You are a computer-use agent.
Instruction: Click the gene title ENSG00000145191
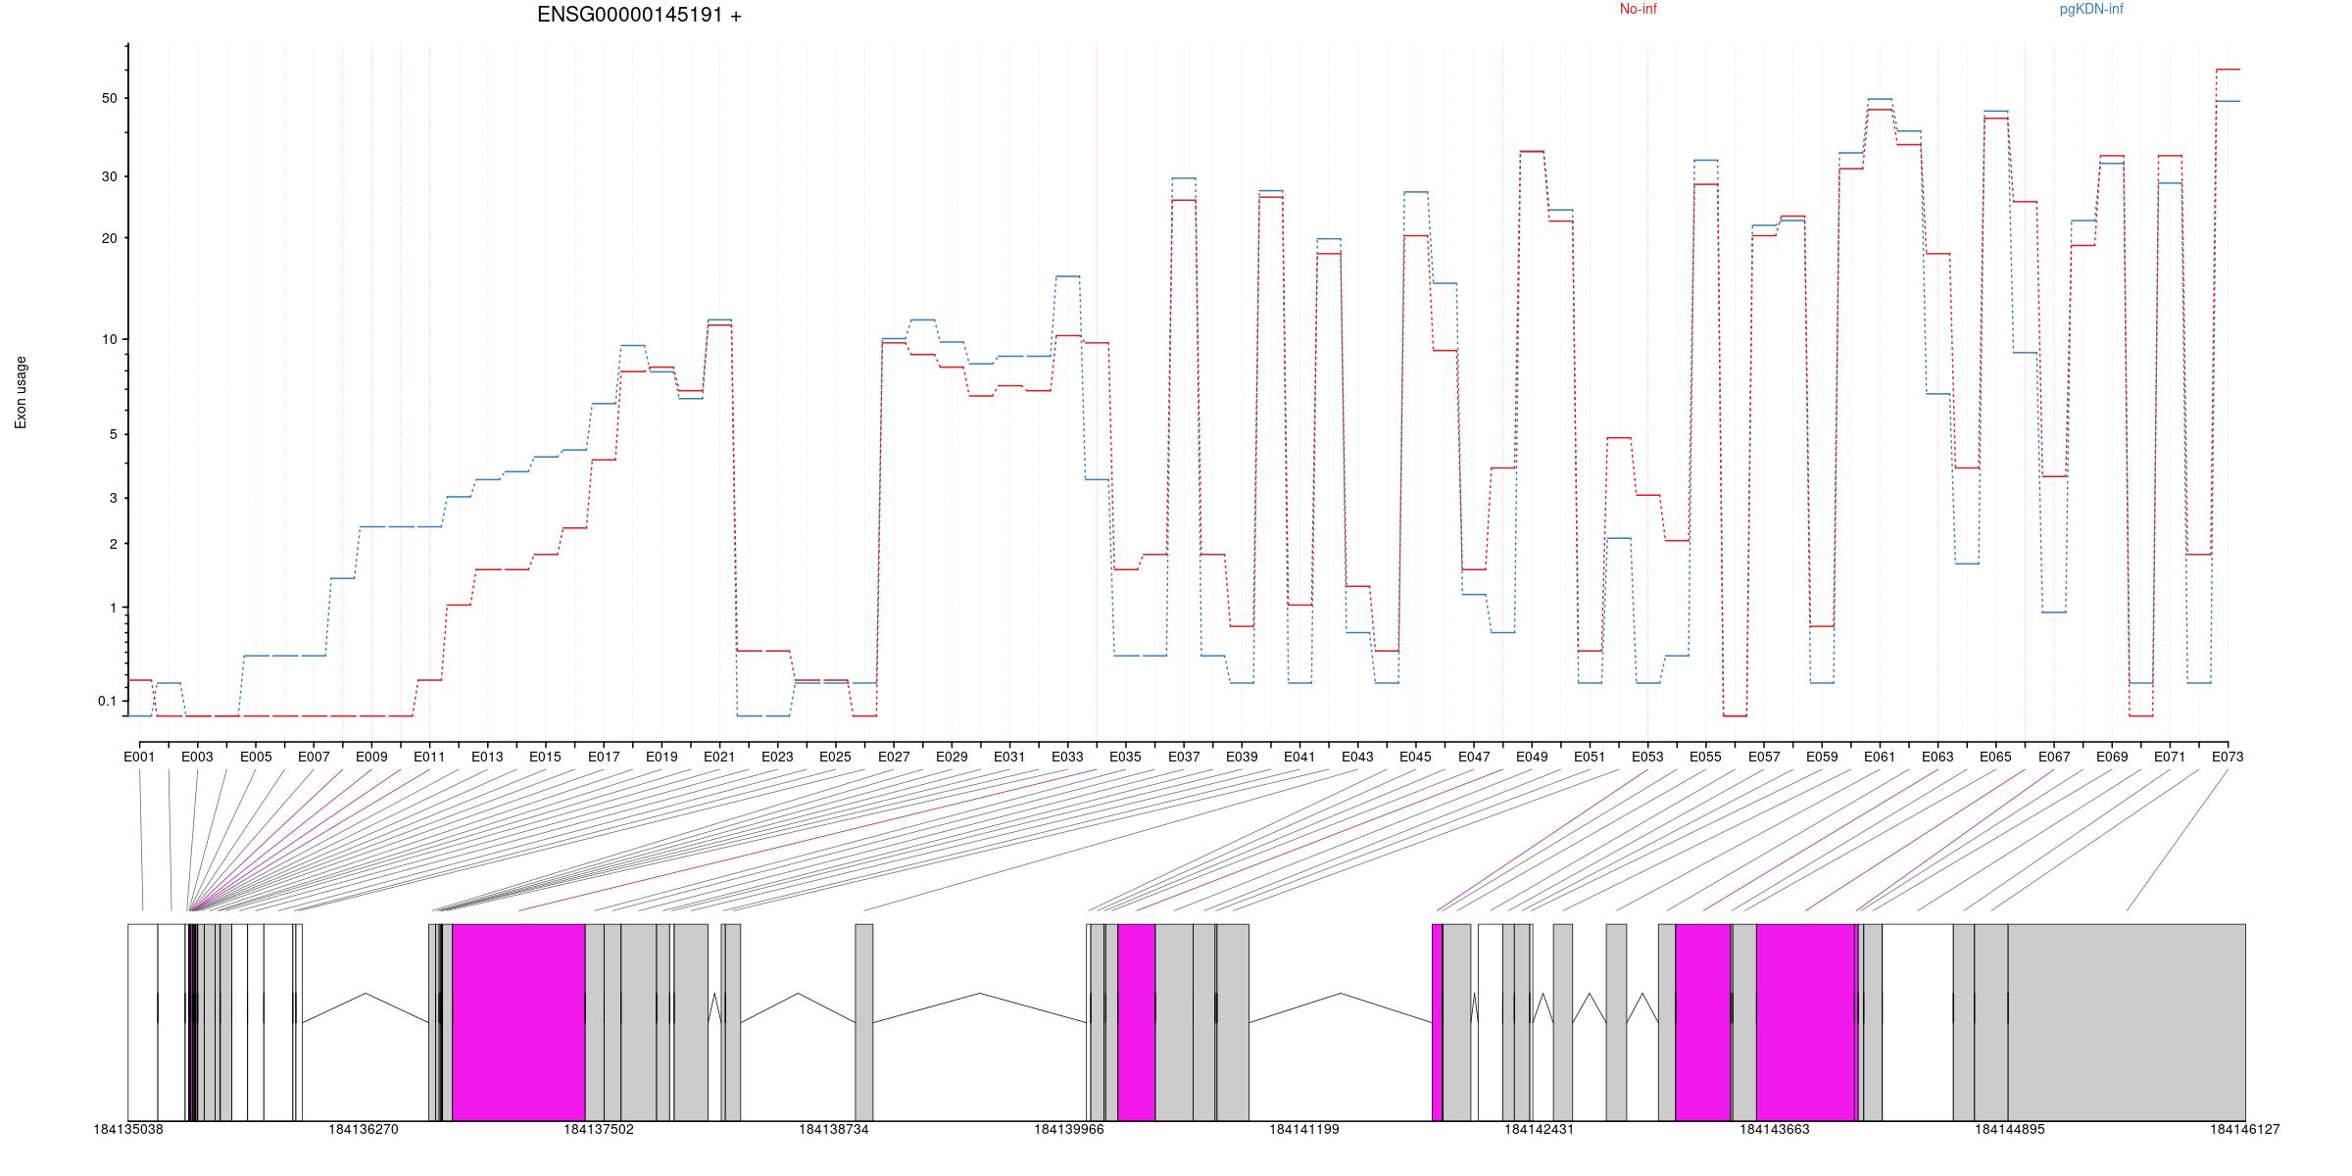[639, 16]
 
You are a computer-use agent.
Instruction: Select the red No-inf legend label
[1638, 10]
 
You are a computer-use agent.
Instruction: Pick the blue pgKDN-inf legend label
[2091, 10]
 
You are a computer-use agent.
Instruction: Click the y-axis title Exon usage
[22, 392]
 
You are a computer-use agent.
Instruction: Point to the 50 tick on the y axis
[108, 98]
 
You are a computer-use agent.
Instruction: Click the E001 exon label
[139, 757]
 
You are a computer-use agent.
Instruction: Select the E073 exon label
[2228, 757]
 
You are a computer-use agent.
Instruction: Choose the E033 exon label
[1067, 757]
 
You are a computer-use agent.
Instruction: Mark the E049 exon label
[1532, 757]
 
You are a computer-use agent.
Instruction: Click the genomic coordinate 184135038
[128, 1129]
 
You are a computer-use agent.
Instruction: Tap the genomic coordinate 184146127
[2244, 1129]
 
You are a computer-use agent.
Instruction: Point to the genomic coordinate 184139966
[1069, 1129]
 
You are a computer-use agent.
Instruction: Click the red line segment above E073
[2228, 70]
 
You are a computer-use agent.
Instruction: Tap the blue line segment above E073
[2228, 101]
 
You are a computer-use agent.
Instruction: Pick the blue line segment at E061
[1880, 99]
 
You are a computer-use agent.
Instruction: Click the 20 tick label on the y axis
[108, 238]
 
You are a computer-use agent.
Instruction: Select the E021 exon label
[719, 757]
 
